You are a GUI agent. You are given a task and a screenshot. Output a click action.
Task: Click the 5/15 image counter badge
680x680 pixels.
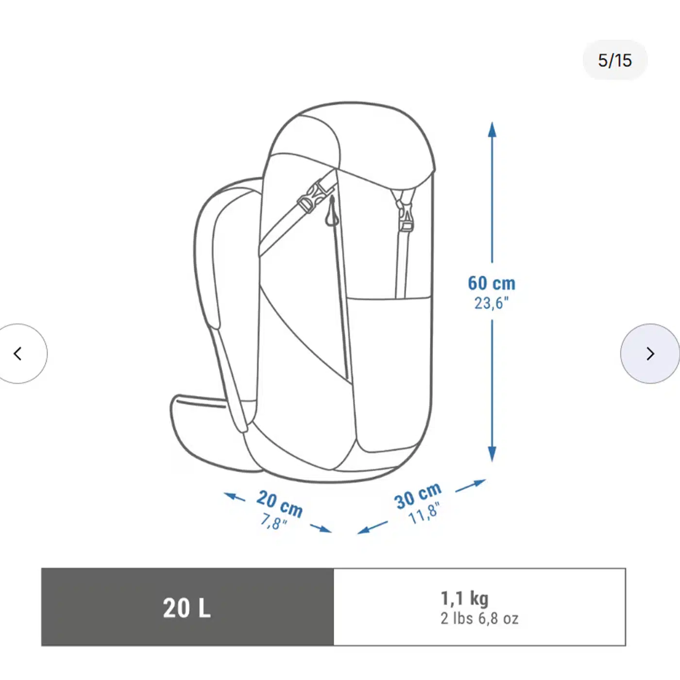tap(614, 60)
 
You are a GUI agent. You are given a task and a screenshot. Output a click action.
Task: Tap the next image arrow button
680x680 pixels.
tap(650, 354)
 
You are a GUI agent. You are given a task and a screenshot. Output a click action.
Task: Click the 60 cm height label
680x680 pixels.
tap(492, 283)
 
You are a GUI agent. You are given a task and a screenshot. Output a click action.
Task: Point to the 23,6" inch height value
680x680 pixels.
tap(492, 304)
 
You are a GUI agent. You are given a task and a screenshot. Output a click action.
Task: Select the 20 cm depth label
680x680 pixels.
tap(280, 503)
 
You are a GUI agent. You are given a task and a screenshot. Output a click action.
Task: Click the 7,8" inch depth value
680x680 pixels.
tap(273, 523)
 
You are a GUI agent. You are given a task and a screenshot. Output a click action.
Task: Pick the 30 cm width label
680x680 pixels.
tap(418, 495)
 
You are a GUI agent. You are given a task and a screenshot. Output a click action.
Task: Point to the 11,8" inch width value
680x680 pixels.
tap(424, 514)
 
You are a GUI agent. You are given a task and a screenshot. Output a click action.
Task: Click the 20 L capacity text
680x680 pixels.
tap(187, 608)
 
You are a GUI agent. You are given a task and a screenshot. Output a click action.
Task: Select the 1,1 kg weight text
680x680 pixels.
tap(464, 598)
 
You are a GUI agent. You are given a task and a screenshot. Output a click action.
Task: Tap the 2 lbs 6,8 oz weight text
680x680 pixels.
tap(479, 619)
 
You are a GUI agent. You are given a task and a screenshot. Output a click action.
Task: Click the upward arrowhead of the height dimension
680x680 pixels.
tap(492, 129)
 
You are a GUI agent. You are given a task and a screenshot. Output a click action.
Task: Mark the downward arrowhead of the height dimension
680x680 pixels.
tap(492, 455)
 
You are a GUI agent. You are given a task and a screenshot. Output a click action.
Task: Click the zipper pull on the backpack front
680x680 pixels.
tap(332, 214)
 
